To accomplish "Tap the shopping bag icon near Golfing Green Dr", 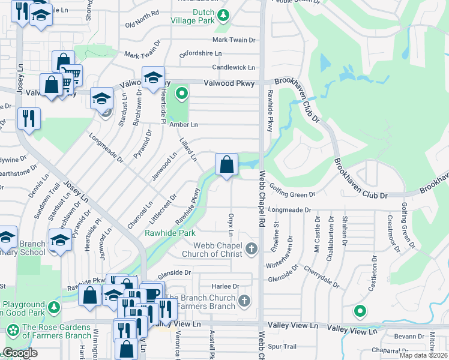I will coord(226,164).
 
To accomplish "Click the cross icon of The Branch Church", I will coord(244,300).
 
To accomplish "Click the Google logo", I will coord(20,353).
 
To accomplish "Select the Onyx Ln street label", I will coord(231,223).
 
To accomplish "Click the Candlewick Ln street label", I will coord(234,68).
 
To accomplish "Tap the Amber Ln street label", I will coord(183,124).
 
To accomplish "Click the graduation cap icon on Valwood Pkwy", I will coord(154,77).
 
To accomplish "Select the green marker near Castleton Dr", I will coord(360,311).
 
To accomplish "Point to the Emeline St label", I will coord(276,232).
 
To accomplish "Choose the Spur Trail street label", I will coord(282,346).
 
